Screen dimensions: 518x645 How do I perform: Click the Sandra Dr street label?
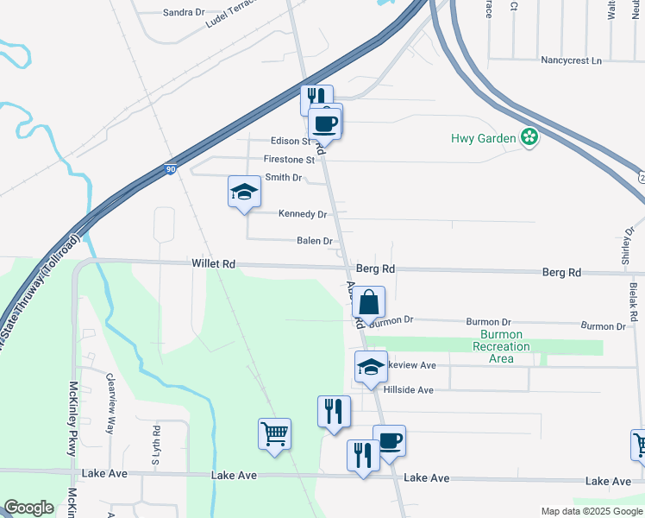(183, 13)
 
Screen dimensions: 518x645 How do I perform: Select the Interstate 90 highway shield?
(171, 170)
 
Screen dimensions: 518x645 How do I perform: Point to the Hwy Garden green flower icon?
(529, 137)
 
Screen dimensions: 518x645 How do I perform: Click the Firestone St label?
(289, 160)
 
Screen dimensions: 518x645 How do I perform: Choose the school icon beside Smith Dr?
(244, 193)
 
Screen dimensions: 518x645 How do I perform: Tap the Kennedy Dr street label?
(303, 214)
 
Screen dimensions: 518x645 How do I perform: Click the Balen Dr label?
(315, 241)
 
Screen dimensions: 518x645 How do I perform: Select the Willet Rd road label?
(214, 263)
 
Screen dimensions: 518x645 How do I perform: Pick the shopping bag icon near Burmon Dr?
(368, 304)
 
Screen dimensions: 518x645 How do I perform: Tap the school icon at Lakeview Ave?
(372, 367)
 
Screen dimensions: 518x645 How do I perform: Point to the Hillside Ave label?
(408, 390)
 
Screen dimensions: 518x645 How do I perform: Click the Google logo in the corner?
(28, 508)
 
